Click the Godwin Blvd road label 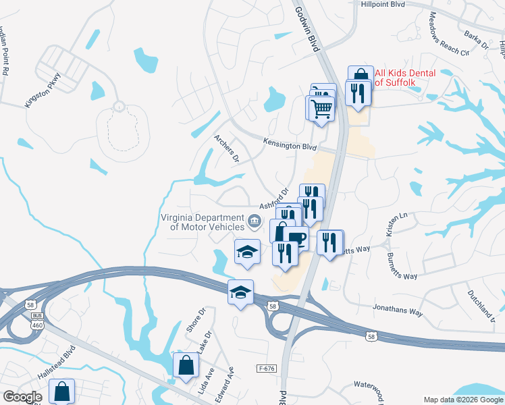click(x=306, y=28)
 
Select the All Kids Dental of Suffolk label click(x=405, y=78)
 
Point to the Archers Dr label click(x=227, y=149)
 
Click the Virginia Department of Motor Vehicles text click(x=202, y=222)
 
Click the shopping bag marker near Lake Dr click(x=186, y=364)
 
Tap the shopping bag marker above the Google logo click(x=61, y=389)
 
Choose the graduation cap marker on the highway click(x=240, y=292)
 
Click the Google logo click(x=22, y=397)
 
